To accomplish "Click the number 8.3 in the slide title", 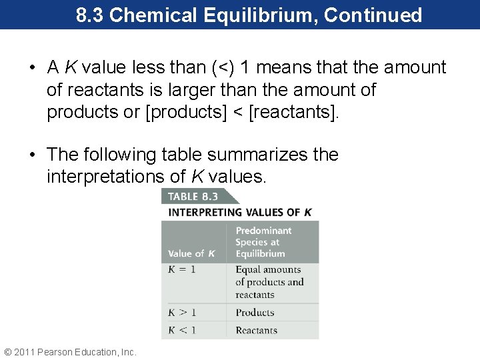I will pos(90,15).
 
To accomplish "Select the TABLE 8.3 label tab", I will pos(193,196).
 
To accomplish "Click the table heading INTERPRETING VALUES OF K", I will pos(240,213).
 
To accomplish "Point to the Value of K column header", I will pos(191,253).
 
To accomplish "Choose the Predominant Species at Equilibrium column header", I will pos(263,241).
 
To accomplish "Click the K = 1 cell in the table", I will pos(182,270).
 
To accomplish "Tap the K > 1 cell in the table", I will pos(182,312).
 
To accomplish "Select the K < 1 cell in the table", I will pos(182,330).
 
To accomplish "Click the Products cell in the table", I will pos(255,312).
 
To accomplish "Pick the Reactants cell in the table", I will pos(256,330).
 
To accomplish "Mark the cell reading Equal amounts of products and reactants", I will pos(269,282).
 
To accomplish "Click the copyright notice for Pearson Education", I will pos(70,351).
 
